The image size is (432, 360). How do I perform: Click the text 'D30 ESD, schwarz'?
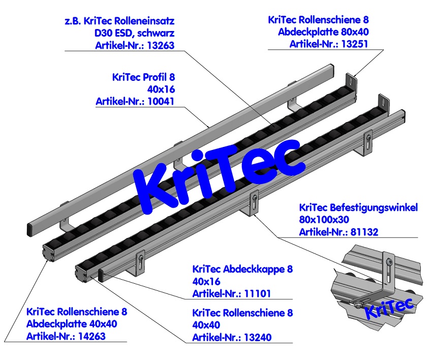pos(131,34)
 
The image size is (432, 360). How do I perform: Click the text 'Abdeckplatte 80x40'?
pos(323,32)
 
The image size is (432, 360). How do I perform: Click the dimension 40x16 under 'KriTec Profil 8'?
pos(161,89)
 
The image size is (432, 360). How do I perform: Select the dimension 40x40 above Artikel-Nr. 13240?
pos(207,325)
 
